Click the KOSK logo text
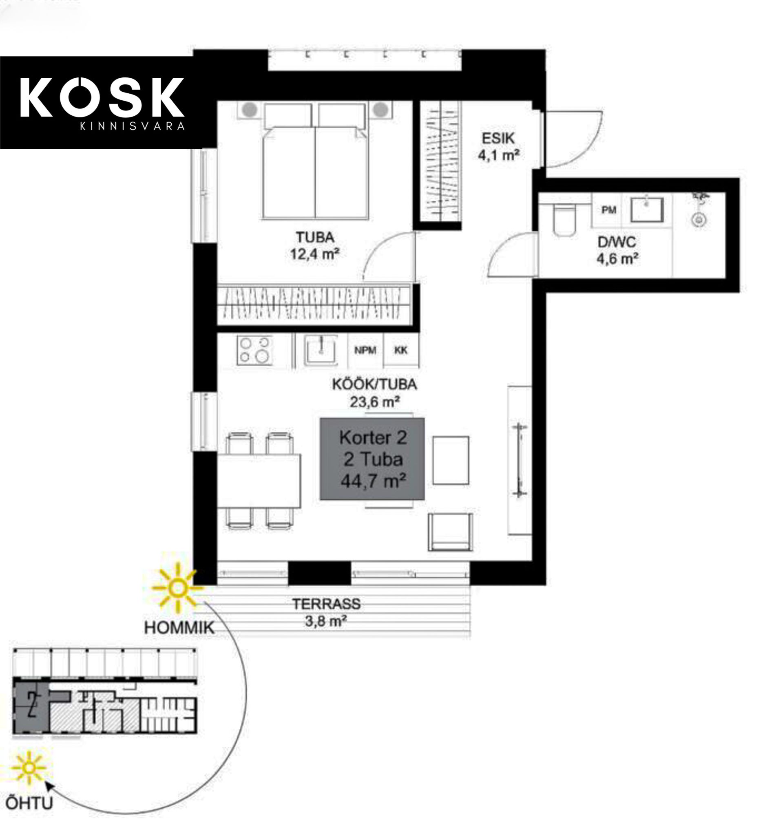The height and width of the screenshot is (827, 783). pos(102,97)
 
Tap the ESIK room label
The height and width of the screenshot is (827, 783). pos(498,138)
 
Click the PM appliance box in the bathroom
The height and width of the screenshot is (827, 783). pos(608,210)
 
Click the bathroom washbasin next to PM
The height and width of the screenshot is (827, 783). pos(646,210)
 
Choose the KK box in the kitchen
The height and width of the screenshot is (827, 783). pos(401,350)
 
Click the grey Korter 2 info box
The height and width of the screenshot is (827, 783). pos(372,459)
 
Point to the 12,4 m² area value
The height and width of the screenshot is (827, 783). pos(315,254)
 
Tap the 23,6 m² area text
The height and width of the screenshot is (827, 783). pos(375,402)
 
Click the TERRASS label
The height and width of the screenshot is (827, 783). pos(326,604)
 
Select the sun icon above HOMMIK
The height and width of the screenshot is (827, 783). pos(177,588)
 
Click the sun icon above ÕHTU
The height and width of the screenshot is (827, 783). pos(29,768)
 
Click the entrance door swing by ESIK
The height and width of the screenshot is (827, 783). pos(573,139)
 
